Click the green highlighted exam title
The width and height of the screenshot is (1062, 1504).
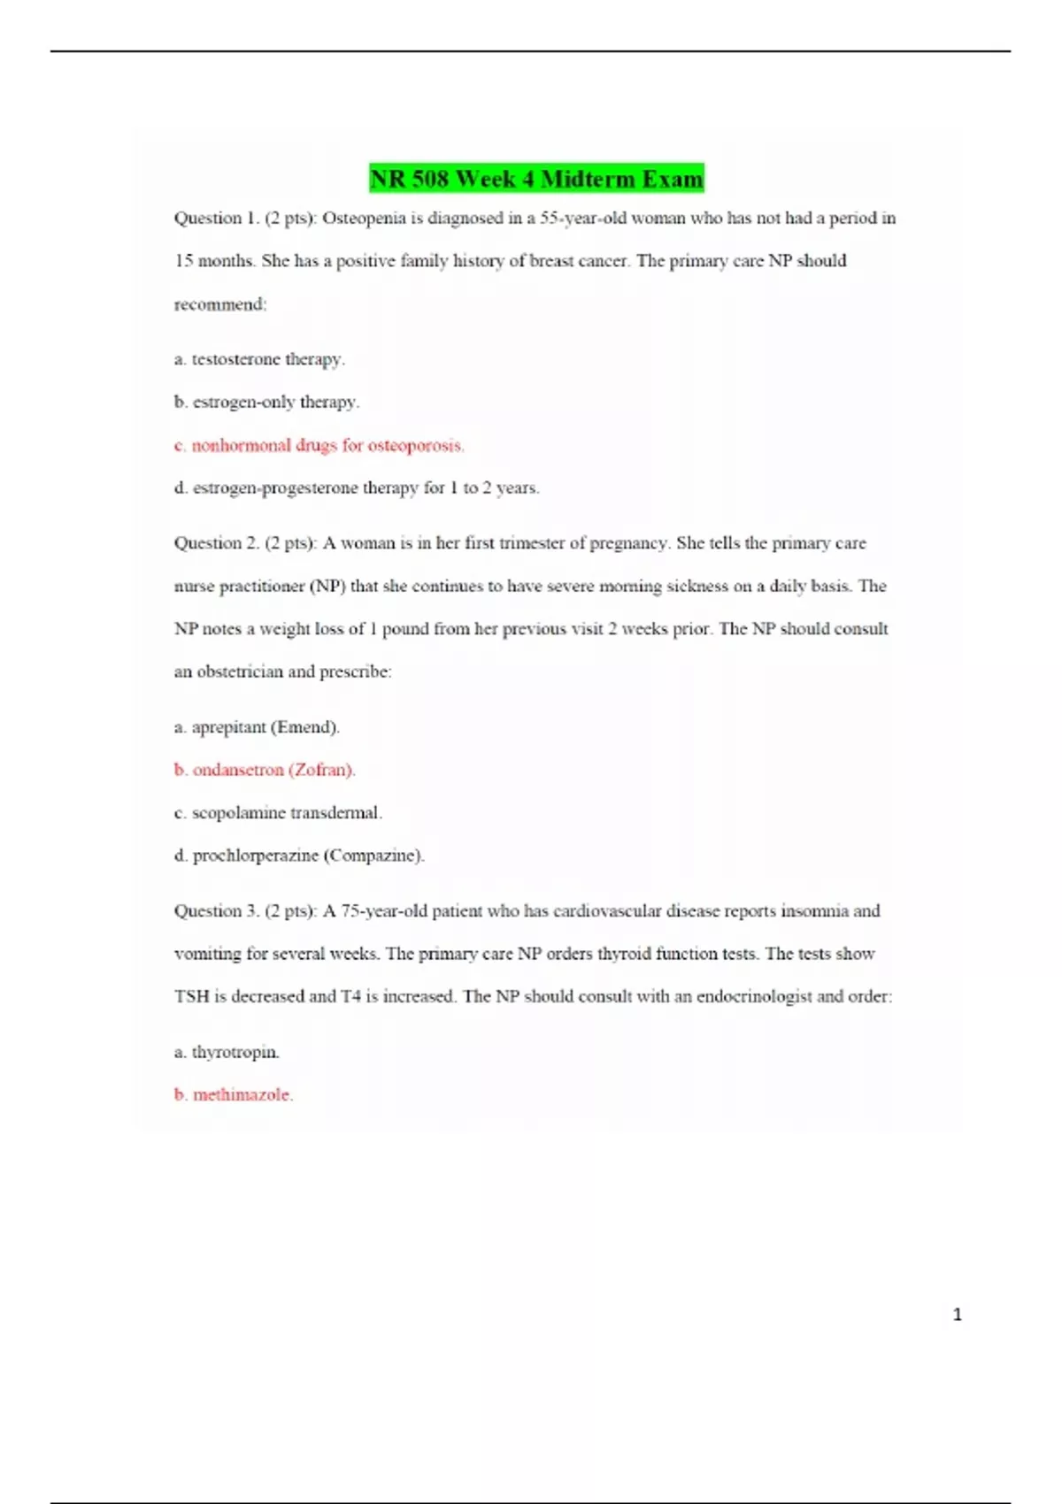coord(536,179)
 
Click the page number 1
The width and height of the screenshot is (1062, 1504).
coord(957,1315)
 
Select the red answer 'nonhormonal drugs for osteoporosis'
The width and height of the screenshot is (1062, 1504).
coord(319,445)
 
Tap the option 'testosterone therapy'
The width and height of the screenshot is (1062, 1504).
coord(259,359)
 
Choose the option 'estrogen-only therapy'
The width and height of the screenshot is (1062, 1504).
coord(266,402)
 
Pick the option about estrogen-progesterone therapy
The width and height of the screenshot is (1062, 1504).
coord(357,487)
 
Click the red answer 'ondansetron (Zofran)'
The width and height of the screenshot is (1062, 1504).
coord(265,770)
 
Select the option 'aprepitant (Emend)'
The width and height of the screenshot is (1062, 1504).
coord(257,727)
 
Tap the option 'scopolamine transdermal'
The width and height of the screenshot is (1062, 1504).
coord(278,812)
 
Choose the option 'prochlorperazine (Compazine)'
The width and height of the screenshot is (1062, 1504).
coord(299,856)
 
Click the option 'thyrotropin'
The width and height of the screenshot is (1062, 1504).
coord(227,1052)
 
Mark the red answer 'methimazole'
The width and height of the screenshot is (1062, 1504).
coord(234,1094)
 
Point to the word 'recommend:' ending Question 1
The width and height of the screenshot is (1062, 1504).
coord(220,304)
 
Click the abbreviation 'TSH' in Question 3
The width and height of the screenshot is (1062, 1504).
coord(191,996)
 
